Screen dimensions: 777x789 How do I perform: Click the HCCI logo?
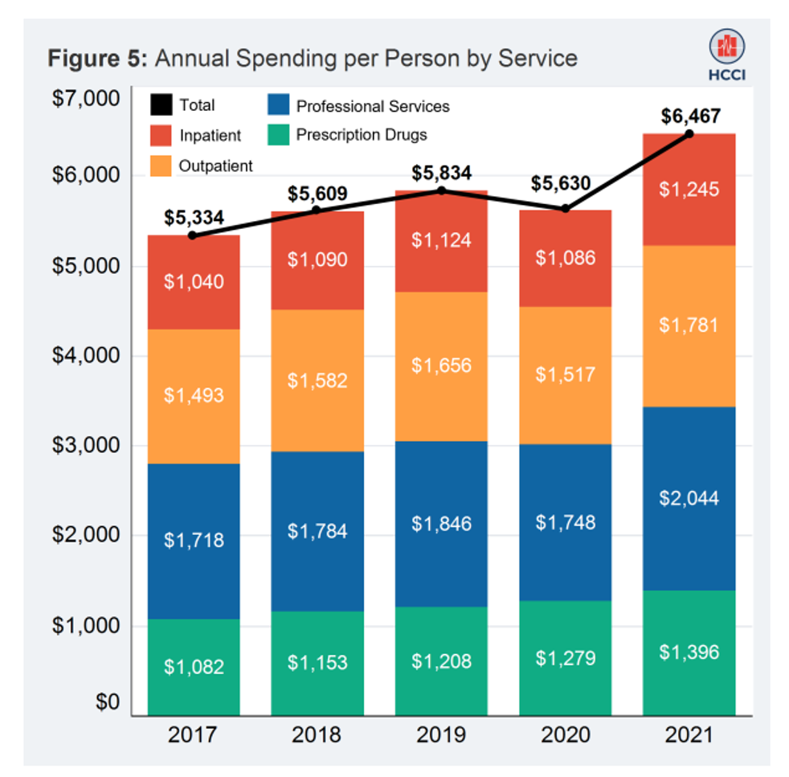[726, 52]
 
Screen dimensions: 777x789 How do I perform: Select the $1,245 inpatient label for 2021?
[689, 190]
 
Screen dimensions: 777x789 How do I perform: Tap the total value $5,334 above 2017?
[194, 218]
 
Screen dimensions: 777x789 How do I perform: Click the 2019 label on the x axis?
[441, 734]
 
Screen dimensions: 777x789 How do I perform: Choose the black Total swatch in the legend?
[161, 105]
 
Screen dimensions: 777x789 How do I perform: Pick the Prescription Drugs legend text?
[361, 134]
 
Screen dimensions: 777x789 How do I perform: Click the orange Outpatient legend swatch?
[161, 166]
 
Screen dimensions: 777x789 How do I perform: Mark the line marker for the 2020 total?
[565, 208]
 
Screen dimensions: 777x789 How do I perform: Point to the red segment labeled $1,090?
[317, 260]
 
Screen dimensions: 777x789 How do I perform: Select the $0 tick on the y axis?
[106, 703]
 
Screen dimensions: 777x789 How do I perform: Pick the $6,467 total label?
[689, 116]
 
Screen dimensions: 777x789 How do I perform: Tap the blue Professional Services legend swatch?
[278, 105]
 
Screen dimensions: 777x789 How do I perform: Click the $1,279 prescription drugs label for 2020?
[565, 658]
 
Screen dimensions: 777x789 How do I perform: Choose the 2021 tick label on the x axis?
[689, 734]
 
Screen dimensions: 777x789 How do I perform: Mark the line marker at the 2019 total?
[441, 190]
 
